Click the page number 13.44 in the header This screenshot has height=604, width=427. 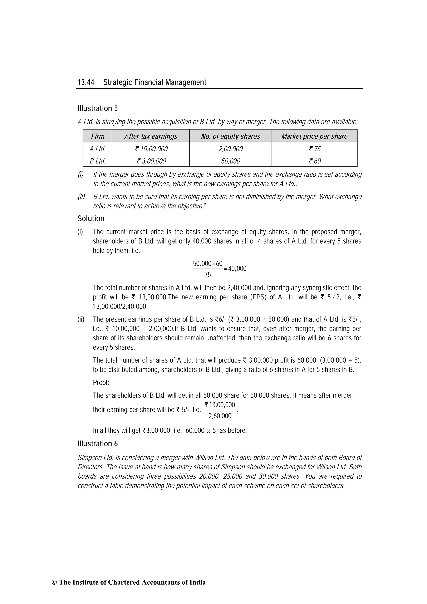click(x=86, y=82)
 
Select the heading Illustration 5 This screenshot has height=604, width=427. click(x=97, y=108)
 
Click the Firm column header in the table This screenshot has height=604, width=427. click(x=98, y=136)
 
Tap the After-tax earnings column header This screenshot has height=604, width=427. click(x=151, y=136)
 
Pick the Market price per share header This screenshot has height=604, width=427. click(x=314, y=136)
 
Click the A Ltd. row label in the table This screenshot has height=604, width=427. click(x=97, y=149)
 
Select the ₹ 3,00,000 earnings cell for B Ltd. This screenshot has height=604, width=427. click(x=151, y=161)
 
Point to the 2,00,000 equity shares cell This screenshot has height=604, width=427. click(x=230, y=149)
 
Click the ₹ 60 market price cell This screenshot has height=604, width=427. click(x=315, y=161)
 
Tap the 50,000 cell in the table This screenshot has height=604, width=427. click(x=230, y=161)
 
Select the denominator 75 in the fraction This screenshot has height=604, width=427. click(x=208, y=275)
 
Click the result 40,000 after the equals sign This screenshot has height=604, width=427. click(x=237, y=269)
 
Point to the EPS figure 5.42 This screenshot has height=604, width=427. click(x=334, y=297)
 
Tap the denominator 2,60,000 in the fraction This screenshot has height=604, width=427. click(x=220, y=416)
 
